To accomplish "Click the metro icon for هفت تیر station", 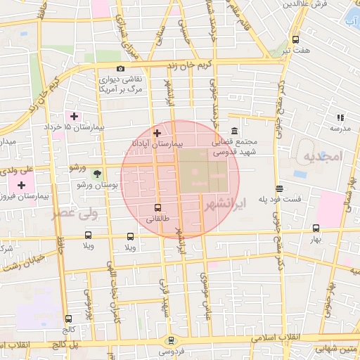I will pyautogui.click(x=295, y=39).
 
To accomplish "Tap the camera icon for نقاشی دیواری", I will pyautogui.click(x=121, y=69).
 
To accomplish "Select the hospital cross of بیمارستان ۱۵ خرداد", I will pyautogui.click(x=73, y=115).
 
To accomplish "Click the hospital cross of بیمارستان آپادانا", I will pyautogui.click(x=156, y=132).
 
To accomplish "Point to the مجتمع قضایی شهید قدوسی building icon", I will pyautogui.click(x=234, y=131).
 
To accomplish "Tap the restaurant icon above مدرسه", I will pyautogui.click(x=340, y=117).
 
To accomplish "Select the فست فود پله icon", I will pyautogui.click(x=280, y=188).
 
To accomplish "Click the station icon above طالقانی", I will pyautogui.click(x=157, y=207).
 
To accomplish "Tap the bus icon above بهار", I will pyautogui.click(x=316, y=228).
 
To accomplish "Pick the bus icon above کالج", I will pyautogui.click(x=67, y=319).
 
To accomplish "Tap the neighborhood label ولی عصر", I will pyautogui.click(x=72, y=213).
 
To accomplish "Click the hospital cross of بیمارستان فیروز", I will pyautogui.click(x=21, y=186).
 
